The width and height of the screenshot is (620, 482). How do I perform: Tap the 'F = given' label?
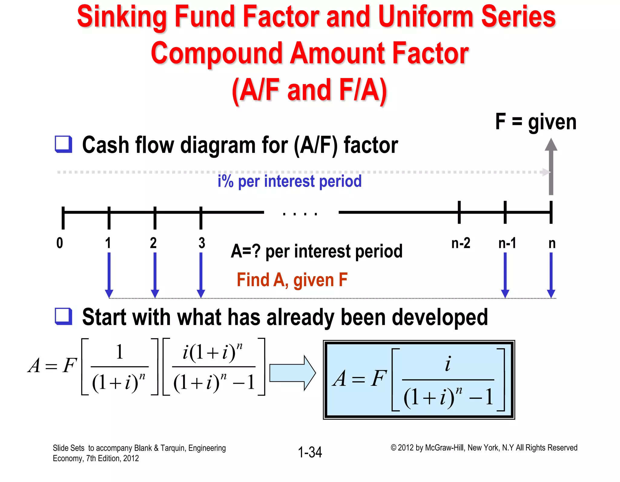tap(536, 122)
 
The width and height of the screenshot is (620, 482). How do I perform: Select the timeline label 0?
tap(60, 243)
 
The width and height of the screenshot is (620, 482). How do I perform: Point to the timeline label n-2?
tap(460, 243)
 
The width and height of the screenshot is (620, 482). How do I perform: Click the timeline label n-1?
tap(507, 243)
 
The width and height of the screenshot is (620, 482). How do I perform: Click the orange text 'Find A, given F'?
tap(292, 280)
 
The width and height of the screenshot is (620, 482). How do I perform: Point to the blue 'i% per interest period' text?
tap(289, 181)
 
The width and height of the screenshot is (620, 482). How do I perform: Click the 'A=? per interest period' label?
tap(316, 251)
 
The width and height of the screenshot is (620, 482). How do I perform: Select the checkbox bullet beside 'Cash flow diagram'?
tap(64, 144)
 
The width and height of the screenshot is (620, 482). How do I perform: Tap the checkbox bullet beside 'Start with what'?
tap(64, 316)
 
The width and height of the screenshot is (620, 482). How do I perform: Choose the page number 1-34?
tap(310, 452)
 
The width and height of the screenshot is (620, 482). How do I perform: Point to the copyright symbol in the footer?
tap(393, 448)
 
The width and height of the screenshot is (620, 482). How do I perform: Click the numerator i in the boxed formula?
tap(448, 364)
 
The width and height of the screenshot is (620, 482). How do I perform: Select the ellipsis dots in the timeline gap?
tap(300, 214)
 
